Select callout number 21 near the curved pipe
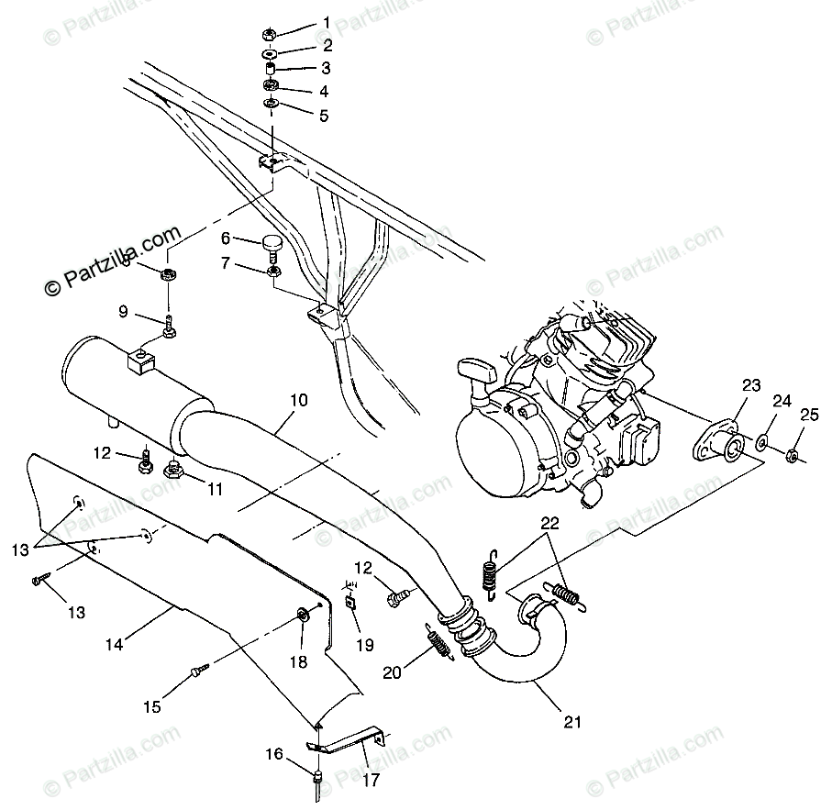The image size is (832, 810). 573,722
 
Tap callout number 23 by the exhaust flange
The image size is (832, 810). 752,386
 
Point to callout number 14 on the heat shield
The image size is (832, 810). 113,644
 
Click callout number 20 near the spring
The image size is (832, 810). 393,672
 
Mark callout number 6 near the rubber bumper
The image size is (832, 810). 226,239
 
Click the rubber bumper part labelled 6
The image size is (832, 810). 273,245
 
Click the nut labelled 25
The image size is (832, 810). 793,452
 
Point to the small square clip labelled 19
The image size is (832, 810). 350,603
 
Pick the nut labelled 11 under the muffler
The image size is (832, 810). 172,472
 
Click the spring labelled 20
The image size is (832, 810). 438,639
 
